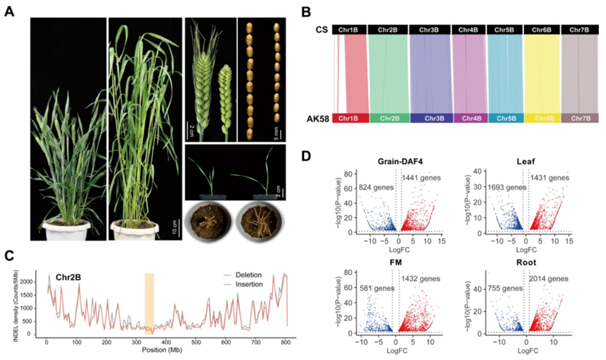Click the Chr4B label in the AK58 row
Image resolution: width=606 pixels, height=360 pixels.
coord(469,118)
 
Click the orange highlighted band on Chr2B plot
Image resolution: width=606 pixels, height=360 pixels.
coord(149,304)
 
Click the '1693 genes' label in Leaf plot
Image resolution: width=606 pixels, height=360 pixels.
coord(507,187)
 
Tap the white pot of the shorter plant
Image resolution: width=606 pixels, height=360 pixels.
coord(67,230)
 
